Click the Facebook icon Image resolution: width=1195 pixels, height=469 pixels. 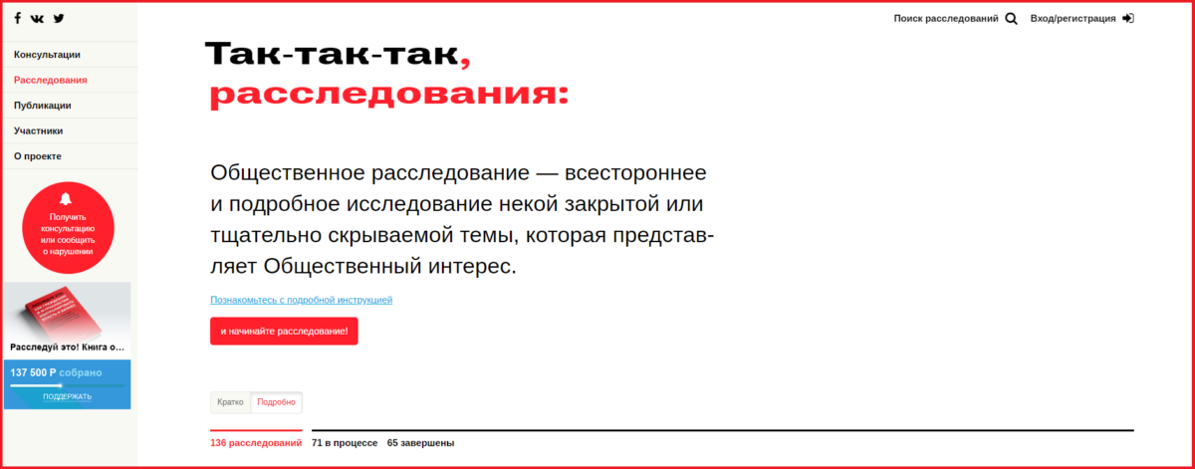point(18,18)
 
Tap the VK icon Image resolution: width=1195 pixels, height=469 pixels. point(37,19)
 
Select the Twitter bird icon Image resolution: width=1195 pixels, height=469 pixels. point(59,18)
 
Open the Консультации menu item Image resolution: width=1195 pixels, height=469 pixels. point(47,55)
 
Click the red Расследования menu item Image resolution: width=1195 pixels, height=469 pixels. point(50,80)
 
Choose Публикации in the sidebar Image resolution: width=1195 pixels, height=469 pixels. point(42,106)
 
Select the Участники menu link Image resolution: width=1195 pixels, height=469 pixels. point(39,130)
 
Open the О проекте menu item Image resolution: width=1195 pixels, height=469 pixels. point(38,156)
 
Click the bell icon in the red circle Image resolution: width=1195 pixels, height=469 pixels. point(66,199)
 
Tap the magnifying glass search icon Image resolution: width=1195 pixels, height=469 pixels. point(1011,19)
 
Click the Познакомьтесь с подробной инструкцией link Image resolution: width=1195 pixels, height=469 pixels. point(301,300)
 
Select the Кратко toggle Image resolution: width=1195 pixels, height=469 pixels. point(230,402)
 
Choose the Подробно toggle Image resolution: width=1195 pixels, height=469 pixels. point(277,402)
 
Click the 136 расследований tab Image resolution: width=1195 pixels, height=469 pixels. point(256,443)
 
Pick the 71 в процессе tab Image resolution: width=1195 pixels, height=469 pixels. point(345,443)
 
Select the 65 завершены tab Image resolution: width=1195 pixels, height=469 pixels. point(420,443)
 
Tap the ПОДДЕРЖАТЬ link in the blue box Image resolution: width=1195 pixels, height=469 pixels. point(68,396)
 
